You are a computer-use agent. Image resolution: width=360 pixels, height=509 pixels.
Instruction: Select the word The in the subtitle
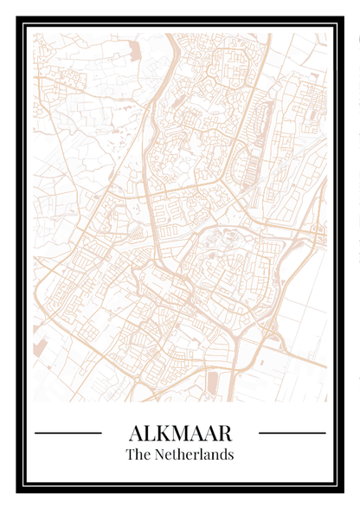[138, 454]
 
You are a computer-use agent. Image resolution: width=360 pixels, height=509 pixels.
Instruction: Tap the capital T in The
[131, 454]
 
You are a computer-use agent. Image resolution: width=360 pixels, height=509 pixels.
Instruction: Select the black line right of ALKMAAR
[292, 432]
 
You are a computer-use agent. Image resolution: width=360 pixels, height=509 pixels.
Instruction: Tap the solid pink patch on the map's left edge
[39, 347]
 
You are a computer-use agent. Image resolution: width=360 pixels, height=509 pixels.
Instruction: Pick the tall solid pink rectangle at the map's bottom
[213, 382]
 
